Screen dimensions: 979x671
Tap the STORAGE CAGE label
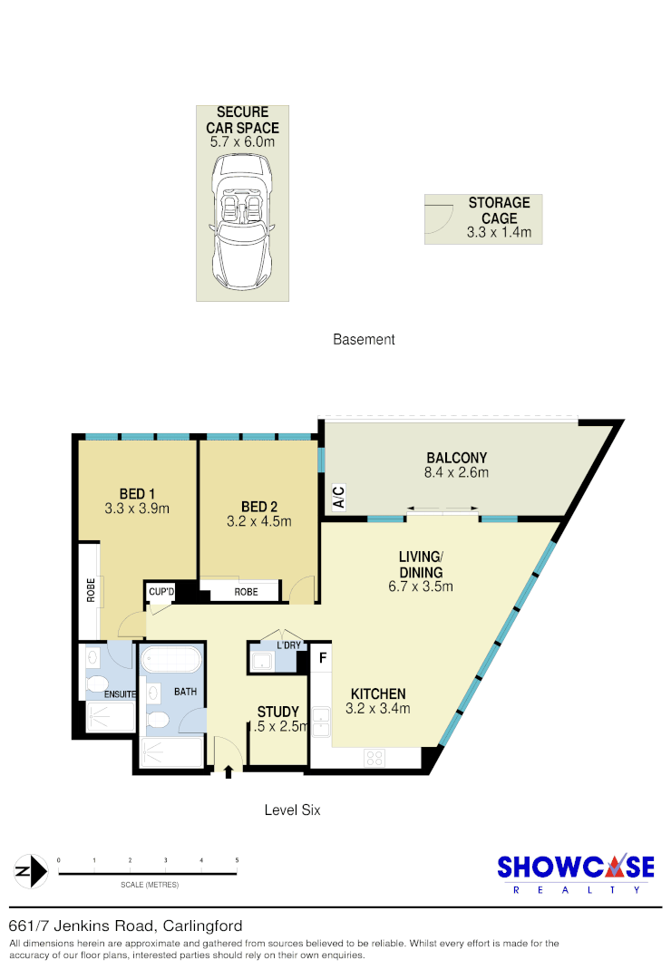tap(499, 210)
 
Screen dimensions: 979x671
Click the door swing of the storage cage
tap(438, 218)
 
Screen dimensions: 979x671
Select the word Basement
tap(364, 340)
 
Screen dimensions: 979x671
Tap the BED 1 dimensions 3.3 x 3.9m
tap(138, 509)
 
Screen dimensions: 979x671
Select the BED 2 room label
tap(259, 506)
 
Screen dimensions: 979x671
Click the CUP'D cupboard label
tap(161, 592)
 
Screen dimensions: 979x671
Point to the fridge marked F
tap(322, 657)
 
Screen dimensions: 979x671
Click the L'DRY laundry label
tap(289, 645)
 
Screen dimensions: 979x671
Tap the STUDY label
tap(278, 712)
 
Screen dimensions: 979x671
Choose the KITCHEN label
tap(378, 693)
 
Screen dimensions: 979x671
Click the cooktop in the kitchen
tap(374, 757)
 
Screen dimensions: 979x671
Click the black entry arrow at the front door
tap(229, 772)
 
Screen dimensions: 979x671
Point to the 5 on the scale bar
tap(237, 859)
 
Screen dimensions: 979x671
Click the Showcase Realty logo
tap(575, 872)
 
